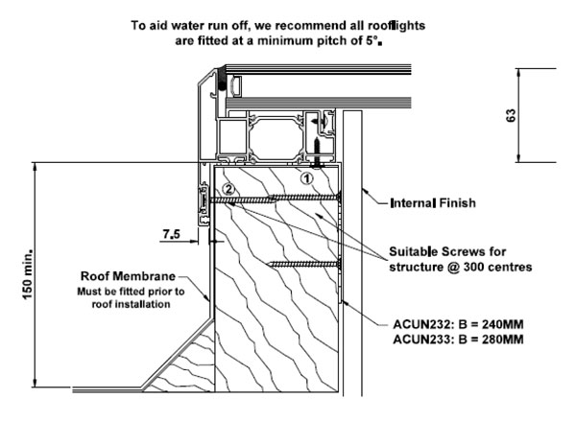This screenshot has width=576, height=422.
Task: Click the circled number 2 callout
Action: (x=228, y=188)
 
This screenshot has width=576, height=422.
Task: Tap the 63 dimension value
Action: (x=539, y=114)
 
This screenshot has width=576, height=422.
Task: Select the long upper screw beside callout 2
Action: (x=278, y=199)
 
